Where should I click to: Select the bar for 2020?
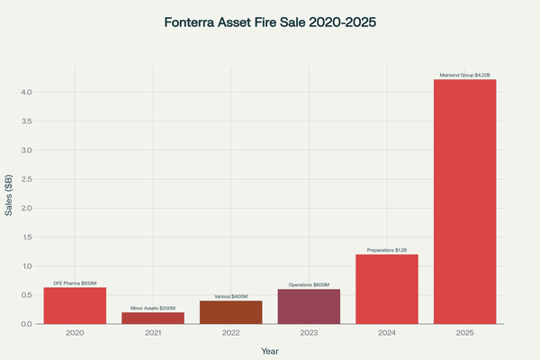pos(75,306)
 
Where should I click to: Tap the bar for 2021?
pos(153,318)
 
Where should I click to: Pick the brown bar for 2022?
pos(231,312)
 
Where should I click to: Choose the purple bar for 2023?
pos(309,307)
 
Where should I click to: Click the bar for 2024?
pos(387,289)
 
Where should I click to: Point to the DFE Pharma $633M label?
pos(75,283)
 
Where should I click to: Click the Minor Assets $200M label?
pos(153,308)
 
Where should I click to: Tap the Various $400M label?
pos(231,296)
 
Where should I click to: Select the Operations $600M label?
pos(309,284)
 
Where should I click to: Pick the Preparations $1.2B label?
pos(387,249)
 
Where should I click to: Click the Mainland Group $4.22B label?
pos(465,75)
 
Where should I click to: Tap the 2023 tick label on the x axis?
pos(309,333)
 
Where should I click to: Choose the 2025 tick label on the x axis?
pos(465,333)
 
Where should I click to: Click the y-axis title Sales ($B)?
pos(9,196)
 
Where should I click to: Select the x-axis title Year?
pos(270,350)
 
